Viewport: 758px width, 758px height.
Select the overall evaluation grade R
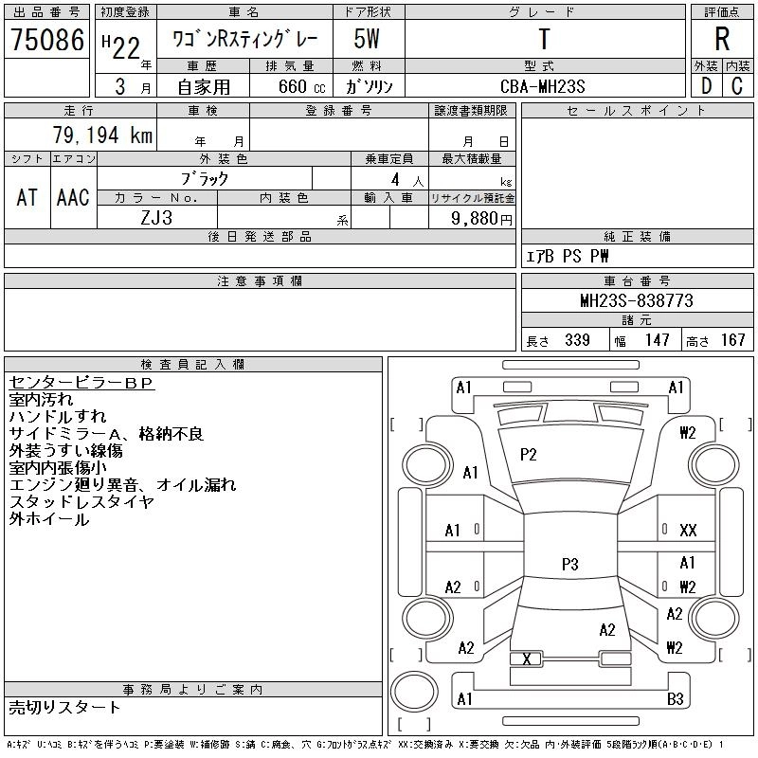(x=722, y=40)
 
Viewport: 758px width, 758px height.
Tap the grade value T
(x=543, y=40)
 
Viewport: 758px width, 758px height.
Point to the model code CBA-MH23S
(x=543, y=86)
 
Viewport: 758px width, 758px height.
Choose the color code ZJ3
(x=156, y=217)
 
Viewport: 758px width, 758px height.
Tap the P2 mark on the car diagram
(x=529, y=455)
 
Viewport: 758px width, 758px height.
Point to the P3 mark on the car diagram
(x=569, y=565)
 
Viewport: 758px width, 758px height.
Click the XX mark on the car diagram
(x=688, y=531)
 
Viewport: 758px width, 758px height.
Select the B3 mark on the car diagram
(x=676, y=699)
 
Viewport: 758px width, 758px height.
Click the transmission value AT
(x=27, y=197)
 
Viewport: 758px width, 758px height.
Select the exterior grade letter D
(x=706, y=86)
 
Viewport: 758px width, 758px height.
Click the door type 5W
(x=368, y=40)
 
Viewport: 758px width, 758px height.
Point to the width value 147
(x=657, y=340)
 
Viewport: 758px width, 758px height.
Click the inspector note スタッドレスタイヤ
(x=81, y=502)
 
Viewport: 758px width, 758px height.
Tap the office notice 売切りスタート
(x=64, y=707)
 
